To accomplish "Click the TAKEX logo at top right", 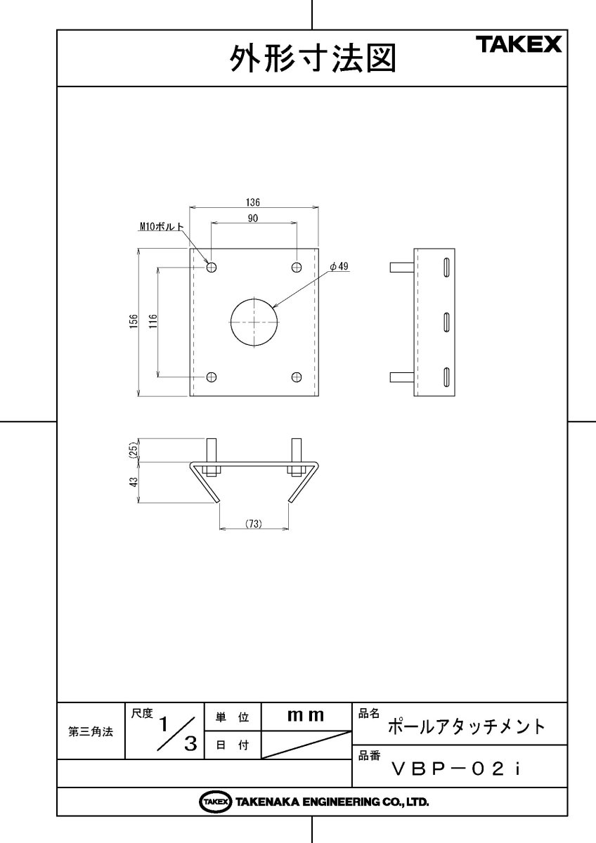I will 520,45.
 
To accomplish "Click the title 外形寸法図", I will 313,59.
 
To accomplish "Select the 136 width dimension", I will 253,202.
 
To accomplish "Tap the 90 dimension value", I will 253,218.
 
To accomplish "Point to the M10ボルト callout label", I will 161,227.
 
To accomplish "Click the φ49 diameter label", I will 339,267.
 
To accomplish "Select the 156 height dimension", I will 132,322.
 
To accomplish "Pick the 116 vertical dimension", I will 153,322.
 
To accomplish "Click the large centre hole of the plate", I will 253,321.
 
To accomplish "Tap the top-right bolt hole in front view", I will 297,267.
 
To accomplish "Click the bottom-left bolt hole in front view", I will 212,377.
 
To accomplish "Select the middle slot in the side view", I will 446,322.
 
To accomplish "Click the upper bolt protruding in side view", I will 401,267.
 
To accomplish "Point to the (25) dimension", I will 132,450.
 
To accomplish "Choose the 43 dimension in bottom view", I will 132,481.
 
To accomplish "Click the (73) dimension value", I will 253,524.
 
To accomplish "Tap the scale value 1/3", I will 176,732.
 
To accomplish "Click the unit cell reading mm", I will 306,716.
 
